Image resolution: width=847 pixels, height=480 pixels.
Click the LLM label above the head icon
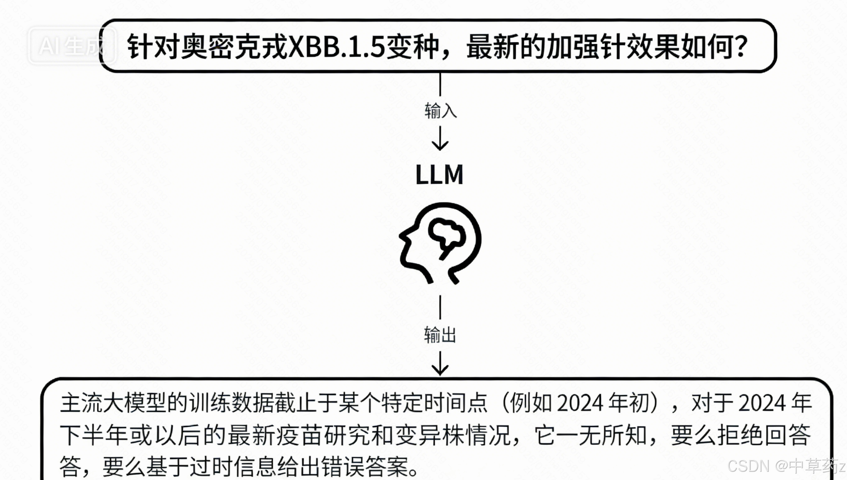pyautogui.click(x=439, y=175)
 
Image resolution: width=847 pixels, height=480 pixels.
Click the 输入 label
pyautogui.click(x=440, y=111)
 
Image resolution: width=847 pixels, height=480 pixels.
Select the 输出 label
pyautogui.click(x=440, y=335)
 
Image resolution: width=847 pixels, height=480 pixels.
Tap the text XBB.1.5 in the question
pyautogui.click(x=336, y=47)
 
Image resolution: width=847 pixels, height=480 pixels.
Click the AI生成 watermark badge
pyautogui.click(x=71, y=46)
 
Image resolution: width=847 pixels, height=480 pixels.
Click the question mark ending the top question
pyautogui.click(x=741, y=47)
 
